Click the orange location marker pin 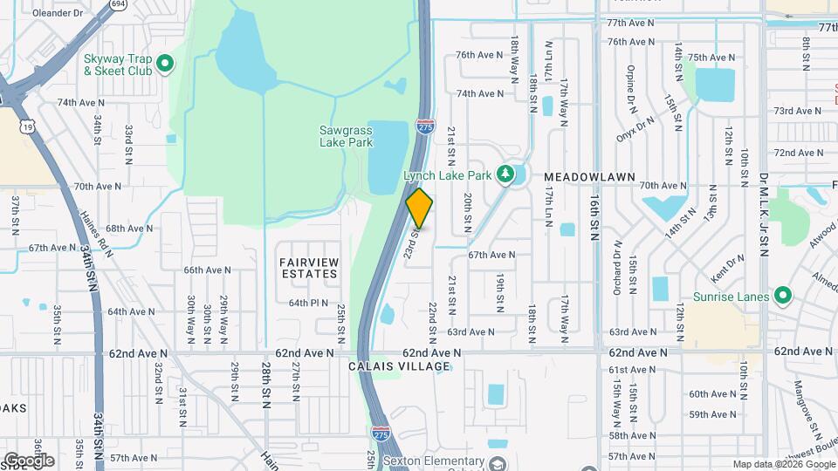coord(420,208)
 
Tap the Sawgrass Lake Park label coord(346,136)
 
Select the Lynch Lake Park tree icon coord(504,174)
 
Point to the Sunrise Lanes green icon coord(783,297)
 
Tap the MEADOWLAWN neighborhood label coord(591,177)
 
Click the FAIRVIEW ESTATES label coord(308,268)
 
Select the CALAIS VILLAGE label coord(399,366)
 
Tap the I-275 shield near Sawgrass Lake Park coord(425,126)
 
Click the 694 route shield coord(118,4)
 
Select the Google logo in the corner coord(29,460)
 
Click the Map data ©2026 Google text coord(783,465)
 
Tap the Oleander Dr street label coord(57,13)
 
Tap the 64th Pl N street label coord(308,303)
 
